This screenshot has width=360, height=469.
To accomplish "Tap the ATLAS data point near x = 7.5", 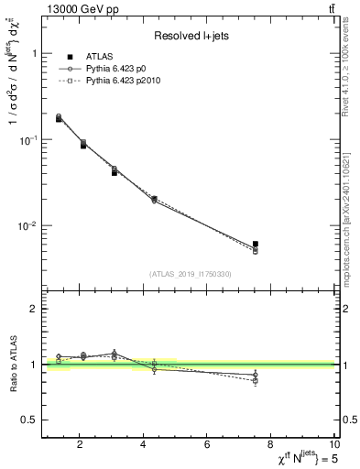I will pos(256,244).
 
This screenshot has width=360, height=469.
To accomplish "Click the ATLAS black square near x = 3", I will pos(115,172).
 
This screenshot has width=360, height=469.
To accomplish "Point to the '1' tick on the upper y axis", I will pos(34,53).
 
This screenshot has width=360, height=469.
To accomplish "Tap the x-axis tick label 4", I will pos(144,445).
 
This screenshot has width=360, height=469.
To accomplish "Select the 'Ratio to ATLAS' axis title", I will pos(12,364).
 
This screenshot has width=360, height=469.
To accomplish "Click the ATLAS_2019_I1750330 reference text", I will pos(191,274).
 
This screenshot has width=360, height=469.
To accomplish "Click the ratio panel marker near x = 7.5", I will pos(256,375).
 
